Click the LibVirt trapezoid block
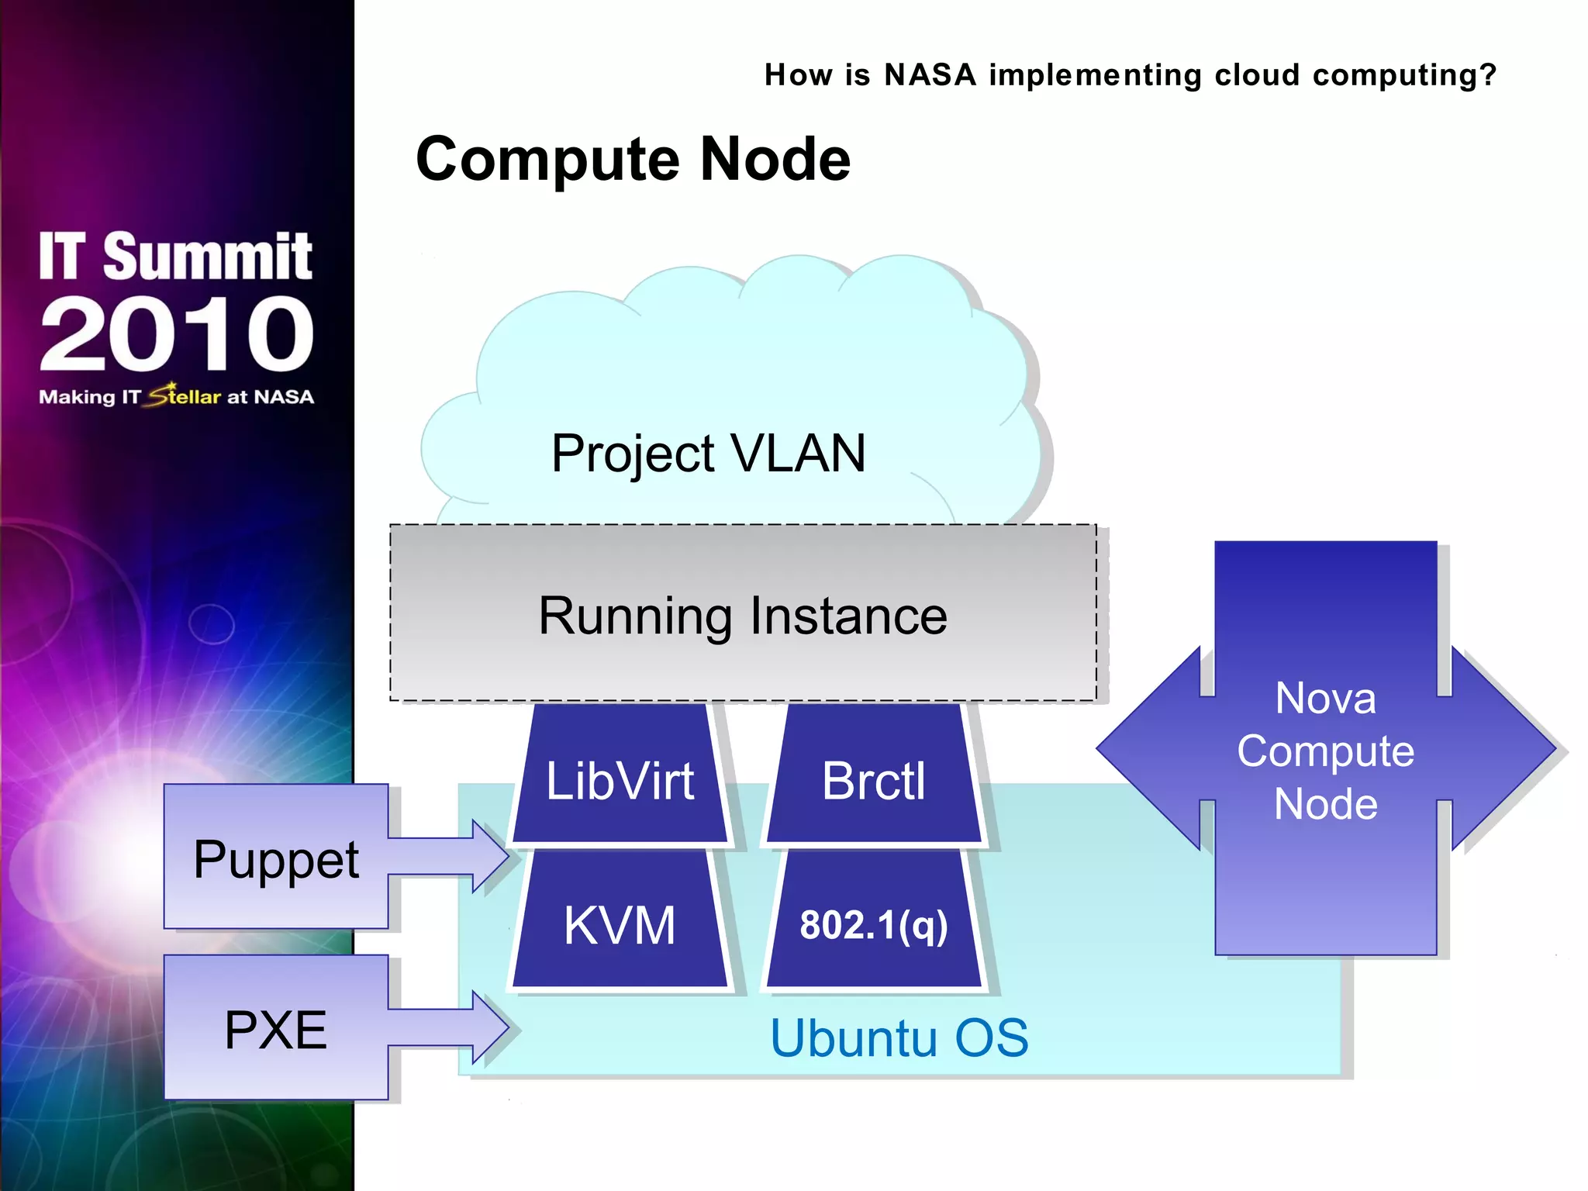[620, 775]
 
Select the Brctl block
[874, 775]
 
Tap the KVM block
[620, 923]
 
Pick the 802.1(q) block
[874, 923]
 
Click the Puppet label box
[276, 857]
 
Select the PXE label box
[276, 1027]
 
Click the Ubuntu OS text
[899, 1037]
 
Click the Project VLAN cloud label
[708, 453]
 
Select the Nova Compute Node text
[1325, 750]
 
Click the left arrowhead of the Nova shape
[1148, 748]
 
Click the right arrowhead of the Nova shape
[1504, 748]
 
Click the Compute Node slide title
[633, 159]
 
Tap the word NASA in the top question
[930, 75]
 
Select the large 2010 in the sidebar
[177, 333]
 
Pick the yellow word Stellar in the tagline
[186, 395]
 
